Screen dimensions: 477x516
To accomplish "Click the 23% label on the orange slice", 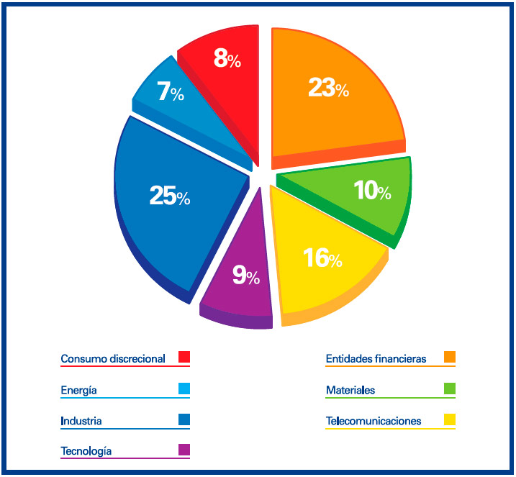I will (328, 88).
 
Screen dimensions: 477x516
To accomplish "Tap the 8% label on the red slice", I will (227, 58).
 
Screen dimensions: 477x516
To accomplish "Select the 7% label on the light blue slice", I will (171, 93).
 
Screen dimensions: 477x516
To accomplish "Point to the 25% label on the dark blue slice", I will (170, 196).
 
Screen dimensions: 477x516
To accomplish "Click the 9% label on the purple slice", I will (245, 275).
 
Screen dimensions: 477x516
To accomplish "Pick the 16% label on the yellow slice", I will (322, 258).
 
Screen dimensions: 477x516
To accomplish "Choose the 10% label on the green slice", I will (372, 191).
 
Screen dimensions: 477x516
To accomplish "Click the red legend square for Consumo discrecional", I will (184, 357).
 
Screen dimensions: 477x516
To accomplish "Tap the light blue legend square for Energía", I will (184, 389).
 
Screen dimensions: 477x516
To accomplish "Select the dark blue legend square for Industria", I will (184, 419).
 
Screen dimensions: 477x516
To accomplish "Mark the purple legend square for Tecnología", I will (184, 450).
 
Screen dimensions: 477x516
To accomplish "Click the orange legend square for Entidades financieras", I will (450, 357).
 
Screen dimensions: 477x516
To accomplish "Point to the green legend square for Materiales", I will (450, 389).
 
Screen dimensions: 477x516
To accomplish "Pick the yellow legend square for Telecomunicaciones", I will (450, 419).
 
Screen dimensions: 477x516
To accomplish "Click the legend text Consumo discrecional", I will (113, 358).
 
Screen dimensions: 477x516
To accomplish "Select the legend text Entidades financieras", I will (376, 358).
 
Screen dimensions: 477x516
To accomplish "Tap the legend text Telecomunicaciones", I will (374, 421).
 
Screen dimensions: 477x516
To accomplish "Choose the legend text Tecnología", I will (86, 451).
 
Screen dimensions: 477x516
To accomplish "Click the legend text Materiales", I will (350, 391).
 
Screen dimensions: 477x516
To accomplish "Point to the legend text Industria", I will (81, 421).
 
